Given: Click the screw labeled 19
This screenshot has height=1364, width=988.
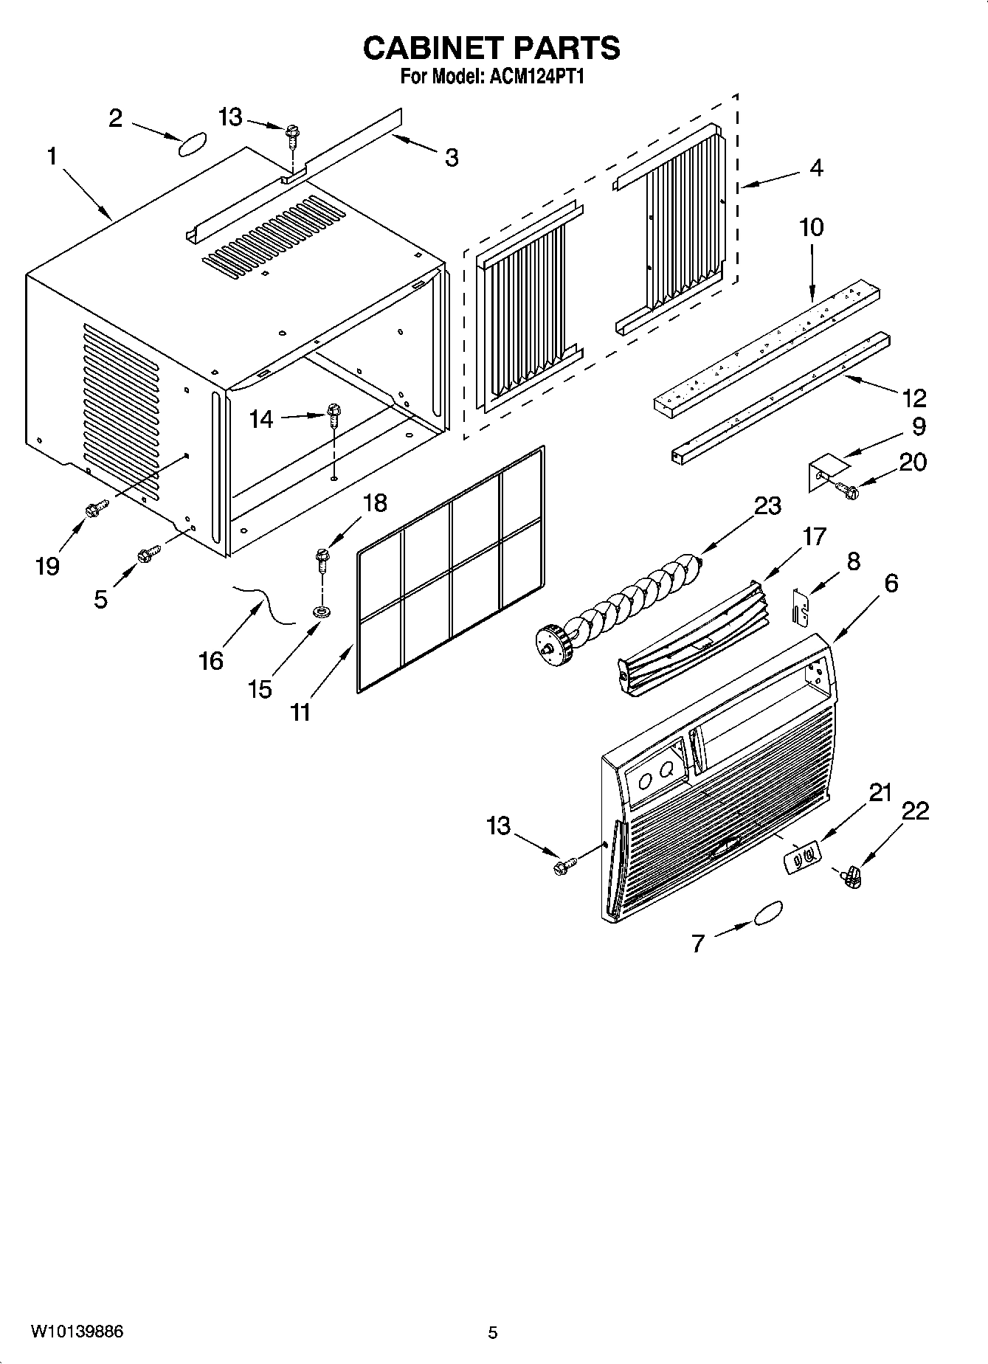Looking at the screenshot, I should click(97, 508).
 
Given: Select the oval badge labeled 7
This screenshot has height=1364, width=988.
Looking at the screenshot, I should click(767, 912).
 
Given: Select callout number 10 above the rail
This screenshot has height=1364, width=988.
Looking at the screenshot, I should click(811, 227).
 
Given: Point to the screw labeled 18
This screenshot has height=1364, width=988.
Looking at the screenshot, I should click(322, 561).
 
